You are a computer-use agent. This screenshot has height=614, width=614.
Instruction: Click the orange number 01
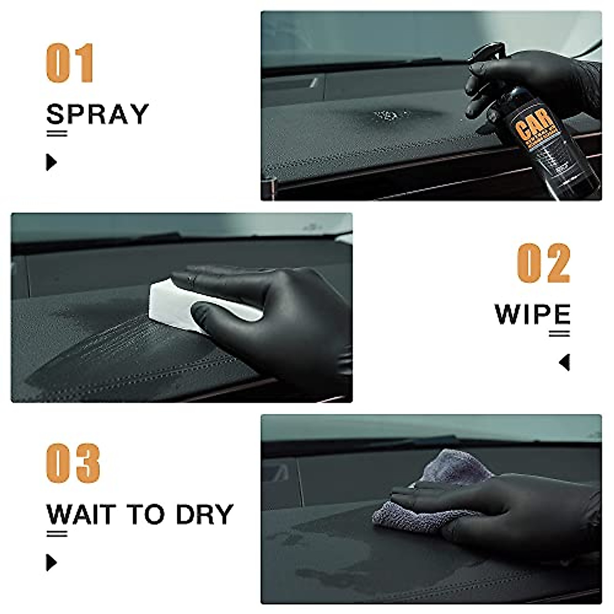click(x=70, y=63)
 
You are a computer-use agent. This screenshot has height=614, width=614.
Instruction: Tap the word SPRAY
click(x=97, y=114)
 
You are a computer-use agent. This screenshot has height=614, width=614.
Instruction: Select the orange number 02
click(x=543, y=264)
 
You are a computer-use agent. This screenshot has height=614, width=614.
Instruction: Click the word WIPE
click(x=532, y=314)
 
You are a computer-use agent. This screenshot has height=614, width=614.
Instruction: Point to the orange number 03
click(x=73, y=464)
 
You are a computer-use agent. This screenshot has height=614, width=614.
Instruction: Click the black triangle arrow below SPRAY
click(x=51, y=162)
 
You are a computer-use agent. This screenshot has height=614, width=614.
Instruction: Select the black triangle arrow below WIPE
click(x=564, y=362)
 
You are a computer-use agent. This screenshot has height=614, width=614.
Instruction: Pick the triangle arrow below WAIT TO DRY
click(x=51, y=562)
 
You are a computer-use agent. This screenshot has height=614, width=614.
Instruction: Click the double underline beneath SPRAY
click(x=57, y=134)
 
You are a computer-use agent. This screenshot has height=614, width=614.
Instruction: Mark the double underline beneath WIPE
click(x=559, y=334)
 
